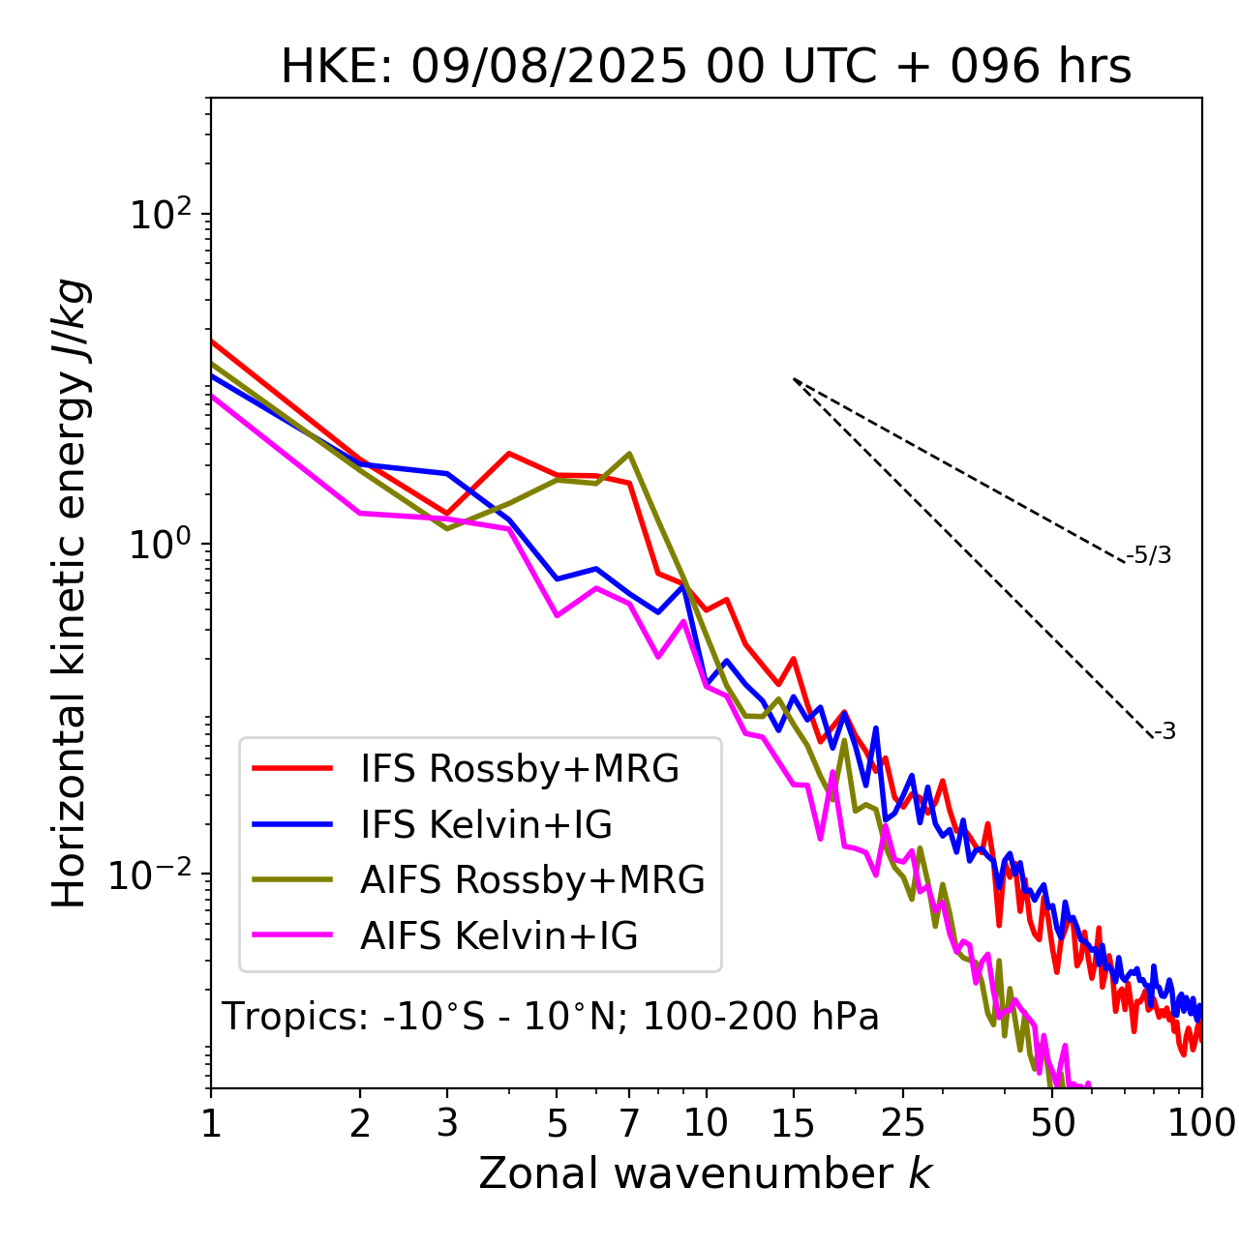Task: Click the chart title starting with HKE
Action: coord(706,68)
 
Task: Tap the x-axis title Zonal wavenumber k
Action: coord(705,1173)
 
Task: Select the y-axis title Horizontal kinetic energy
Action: coord(71,593)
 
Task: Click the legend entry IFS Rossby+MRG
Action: coord(519,769)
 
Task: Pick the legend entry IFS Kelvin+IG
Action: coord(486,825)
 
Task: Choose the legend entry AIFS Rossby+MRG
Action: coord(532,880)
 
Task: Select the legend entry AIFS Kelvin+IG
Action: coord(499,936)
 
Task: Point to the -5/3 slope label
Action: coord(1149,556)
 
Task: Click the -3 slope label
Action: coord(1164,732)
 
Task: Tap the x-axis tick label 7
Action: coord(629,1123)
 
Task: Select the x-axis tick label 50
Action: coord(1052,1123)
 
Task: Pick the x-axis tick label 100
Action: coord(1201,1123)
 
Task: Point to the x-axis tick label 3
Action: coord(447,1123)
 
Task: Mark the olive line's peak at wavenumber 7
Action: coord(629,453)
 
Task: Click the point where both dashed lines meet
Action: coord(794,379)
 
